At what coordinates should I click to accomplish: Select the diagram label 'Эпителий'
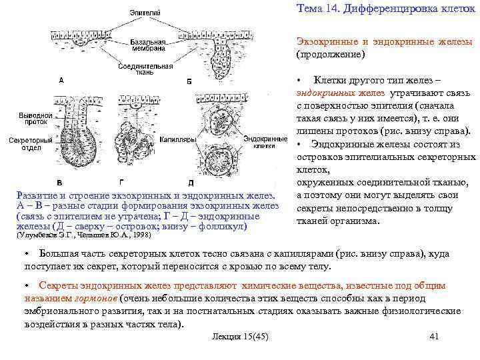(x=144, y=12)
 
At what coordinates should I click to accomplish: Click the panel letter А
(x=61, y=81)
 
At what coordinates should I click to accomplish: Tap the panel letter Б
(x=189, y=82)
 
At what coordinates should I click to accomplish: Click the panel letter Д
(x=191, y=183)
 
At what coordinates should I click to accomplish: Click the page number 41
(x=435, y=337)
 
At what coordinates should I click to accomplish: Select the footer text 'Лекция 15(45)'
(x=239, y=337)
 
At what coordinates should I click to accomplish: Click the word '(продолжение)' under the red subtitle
(x=331, y=54)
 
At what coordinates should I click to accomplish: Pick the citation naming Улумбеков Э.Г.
(x=83, y=235)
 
